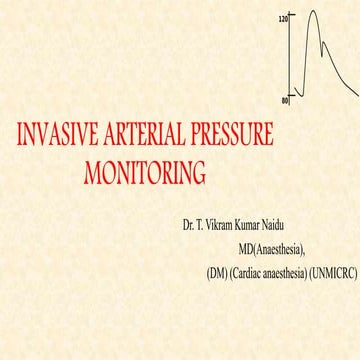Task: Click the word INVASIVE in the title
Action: point(57,136)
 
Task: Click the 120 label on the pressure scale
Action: point(283,19)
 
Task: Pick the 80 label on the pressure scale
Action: point(284,99)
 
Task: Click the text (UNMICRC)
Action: point(331,271)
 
